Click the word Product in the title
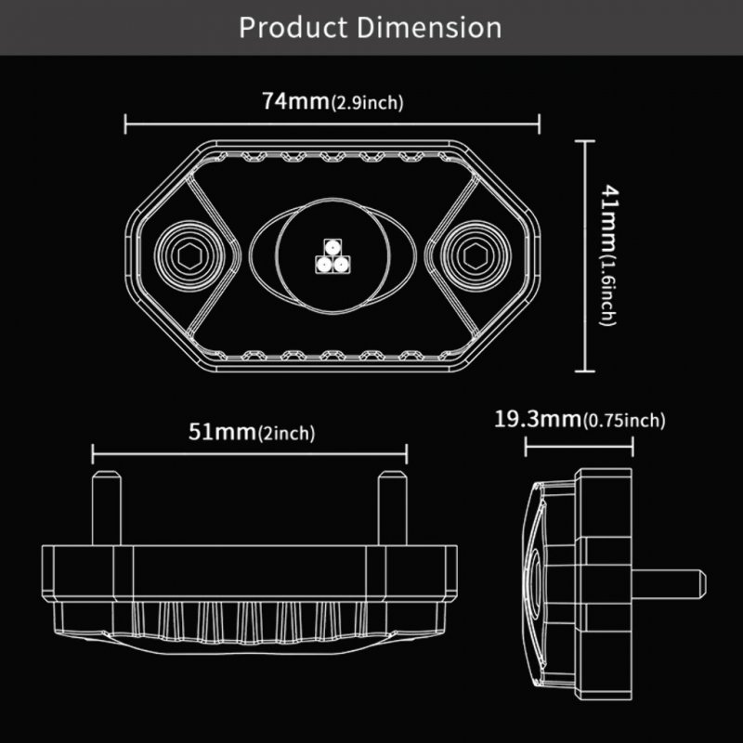coord(293,27)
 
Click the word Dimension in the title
coord(429,27)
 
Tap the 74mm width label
coord(295,101)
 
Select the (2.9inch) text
coord(367,103)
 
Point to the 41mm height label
coord(610,219)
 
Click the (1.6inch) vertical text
coord(608,292)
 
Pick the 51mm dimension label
coord(223,432)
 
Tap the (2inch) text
coord(287,433)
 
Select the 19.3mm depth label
coord(538,420)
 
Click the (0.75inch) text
coord(624,421)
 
